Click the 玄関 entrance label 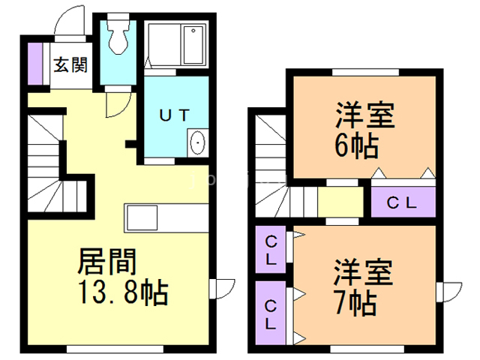tap(70, 65)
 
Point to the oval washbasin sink tap(198, 141)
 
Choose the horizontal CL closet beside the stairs tap(403, 201)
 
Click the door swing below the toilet tap(115, 103)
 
